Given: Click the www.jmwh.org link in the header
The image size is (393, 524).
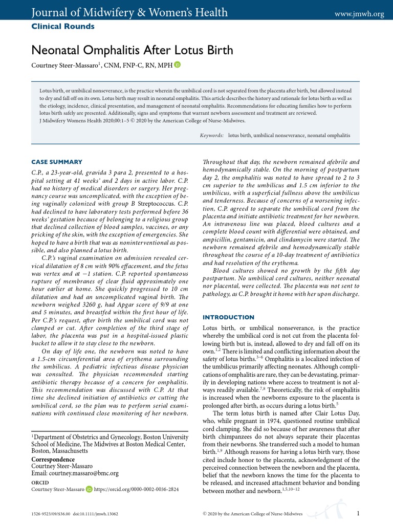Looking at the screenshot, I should click(359, 14).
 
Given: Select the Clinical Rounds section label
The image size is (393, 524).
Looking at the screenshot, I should click(63, 26).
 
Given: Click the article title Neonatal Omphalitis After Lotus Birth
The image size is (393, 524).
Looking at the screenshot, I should click(132, 50).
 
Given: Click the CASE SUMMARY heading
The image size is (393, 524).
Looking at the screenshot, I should click(56, 162).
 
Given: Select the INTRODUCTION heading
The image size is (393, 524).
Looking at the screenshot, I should click(228, 317).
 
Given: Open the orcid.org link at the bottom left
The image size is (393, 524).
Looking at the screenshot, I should click(137, 489).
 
